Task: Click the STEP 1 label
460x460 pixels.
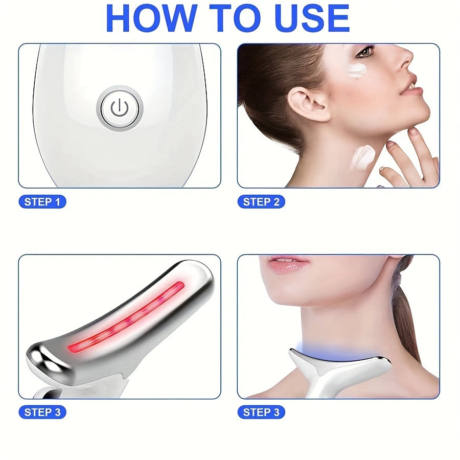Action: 42,202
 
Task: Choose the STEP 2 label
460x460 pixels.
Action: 261,202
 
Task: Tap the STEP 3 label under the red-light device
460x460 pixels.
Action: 42,412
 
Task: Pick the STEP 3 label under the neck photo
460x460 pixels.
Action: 261,412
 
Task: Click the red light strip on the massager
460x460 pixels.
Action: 125,317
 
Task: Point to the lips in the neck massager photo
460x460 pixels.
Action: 288,264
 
